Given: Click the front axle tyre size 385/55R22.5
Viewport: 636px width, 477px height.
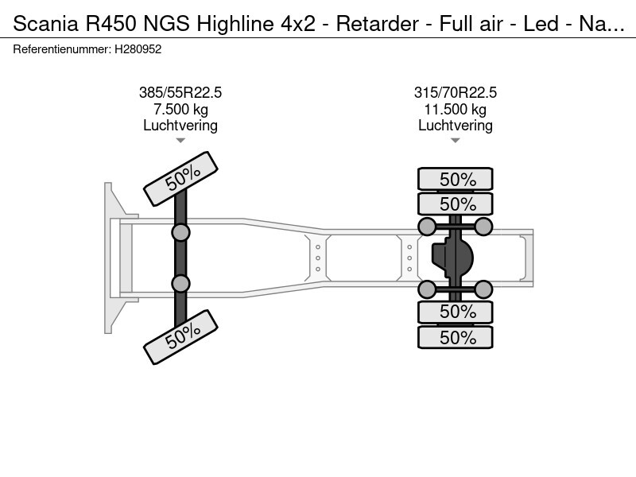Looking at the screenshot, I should pos(180,92).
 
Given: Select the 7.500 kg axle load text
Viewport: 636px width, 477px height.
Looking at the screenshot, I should pos(180,109).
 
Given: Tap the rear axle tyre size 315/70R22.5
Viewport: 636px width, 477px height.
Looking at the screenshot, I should pos(456,92).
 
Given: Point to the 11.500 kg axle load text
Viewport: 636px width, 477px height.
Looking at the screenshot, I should pos(456,109).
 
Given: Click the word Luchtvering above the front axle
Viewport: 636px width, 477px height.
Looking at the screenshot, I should pos(180,126).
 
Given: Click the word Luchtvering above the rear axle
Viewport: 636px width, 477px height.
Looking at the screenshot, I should pos(456,126).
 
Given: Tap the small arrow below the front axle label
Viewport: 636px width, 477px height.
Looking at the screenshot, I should pos(180,141).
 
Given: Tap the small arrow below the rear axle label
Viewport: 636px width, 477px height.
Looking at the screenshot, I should pos(456,141).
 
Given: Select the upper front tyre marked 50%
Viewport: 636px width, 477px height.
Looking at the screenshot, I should pos(180,179).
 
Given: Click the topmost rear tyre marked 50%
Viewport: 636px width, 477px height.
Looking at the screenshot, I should pos(456,179).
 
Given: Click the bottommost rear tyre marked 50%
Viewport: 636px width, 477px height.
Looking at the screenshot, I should pos(456,337).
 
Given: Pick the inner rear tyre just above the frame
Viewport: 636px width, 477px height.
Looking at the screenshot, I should pos(456,203).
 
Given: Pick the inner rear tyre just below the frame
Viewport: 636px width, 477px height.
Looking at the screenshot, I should pos(456,312).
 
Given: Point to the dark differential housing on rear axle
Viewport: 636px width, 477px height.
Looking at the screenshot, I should pos(452,257).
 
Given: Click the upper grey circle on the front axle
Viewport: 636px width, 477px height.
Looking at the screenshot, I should pos(180,232).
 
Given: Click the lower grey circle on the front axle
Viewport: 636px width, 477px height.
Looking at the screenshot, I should pos(180,283).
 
